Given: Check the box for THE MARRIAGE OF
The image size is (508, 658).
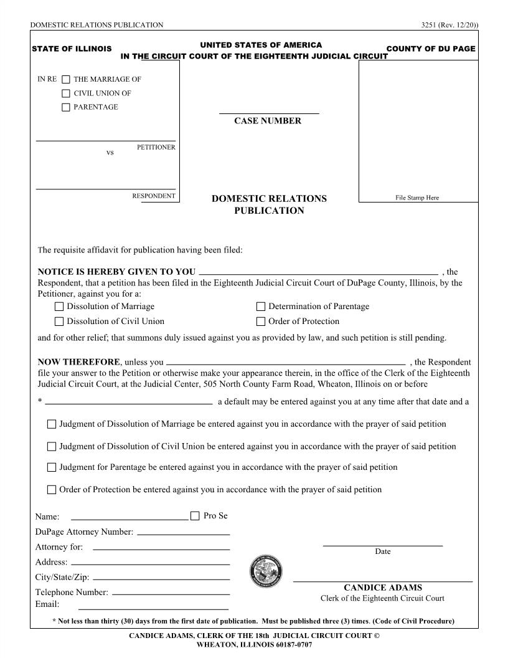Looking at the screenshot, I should [66, 80].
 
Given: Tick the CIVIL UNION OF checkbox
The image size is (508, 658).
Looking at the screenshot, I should [66, 93].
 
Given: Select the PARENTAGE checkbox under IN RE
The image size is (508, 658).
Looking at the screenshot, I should [66, 107].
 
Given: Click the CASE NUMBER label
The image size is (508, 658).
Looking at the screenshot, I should [268, 121].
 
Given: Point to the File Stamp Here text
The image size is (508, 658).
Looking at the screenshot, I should [417, 198].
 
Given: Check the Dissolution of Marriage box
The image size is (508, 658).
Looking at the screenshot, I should [59, 307].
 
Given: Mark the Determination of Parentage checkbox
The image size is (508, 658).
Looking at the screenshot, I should [261, 307].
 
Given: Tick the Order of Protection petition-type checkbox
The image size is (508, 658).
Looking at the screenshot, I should [261, 322].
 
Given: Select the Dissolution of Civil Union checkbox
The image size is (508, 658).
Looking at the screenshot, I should [59, 322].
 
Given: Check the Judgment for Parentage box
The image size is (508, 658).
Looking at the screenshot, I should [52, 467].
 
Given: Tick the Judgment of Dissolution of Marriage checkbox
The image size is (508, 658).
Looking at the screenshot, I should [52, 424].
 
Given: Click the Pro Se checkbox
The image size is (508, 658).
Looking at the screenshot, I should [195, 516].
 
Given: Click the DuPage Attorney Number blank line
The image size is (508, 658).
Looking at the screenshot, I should [183, 533].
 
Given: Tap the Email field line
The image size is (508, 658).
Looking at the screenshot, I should [153, 608].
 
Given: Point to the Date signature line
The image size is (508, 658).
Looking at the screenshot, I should [382, 545].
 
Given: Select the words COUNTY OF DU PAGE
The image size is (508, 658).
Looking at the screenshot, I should [431, 49].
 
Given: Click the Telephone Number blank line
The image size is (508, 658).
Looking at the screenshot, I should [171, 593].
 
